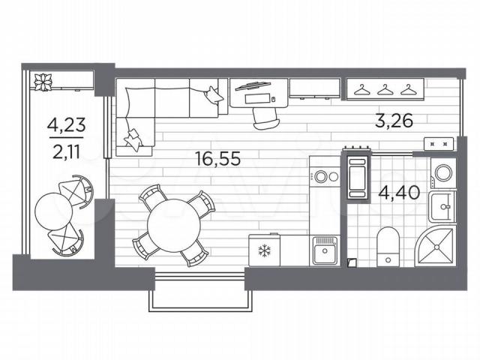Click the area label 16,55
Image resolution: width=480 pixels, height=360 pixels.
pyautogui.click(x=218, y=159)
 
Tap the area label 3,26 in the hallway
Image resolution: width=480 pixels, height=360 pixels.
pyautogui.click(x=394, y=121)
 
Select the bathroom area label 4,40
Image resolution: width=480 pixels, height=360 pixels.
pyautogui.click(x=399, y=193)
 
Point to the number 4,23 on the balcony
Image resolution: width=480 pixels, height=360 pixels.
pyautogui.click(x=66, y=125)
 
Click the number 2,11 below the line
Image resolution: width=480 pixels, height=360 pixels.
pyautogui.click(x=66, y=151)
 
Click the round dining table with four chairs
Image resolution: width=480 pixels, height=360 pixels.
pyautogui.click(x=173, y=226)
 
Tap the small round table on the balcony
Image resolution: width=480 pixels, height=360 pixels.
pyautogui.click(x=53, y=211)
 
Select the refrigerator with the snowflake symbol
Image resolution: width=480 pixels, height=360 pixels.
pyautogui.click(x=264, y=250)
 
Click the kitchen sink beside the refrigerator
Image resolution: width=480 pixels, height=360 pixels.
pyautogui.click(x=325, y=250)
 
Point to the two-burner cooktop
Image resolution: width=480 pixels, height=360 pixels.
pyautogui.click(x=325, y=177)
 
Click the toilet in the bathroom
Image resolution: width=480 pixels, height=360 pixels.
pyautogui.click(x=388, y=247)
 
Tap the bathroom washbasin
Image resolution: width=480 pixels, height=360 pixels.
pyautogui.click(x=442, y=207)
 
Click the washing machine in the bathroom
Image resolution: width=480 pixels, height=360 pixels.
pyautogui.click(x=443, y=172)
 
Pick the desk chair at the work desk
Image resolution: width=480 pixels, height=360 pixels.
pyautogui.click(x=266, y=118)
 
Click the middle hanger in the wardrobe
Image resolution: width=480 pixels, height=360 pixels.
pyautogui.click(x=385, y=90)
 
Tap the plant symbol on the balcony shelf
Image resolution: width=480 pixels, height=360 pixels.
pyautogui.click(x=43, y=82)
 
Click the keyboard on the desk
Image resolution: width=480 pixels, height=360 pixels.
pyautogui.click(x=258, y=99)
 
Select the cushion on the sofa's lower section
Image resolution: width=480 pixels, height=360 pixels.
pyautogui.click(x=133, y=139)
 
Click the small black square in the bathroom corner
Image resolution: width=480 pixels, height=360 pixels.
pyautogui.click(x=352, y=262)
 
